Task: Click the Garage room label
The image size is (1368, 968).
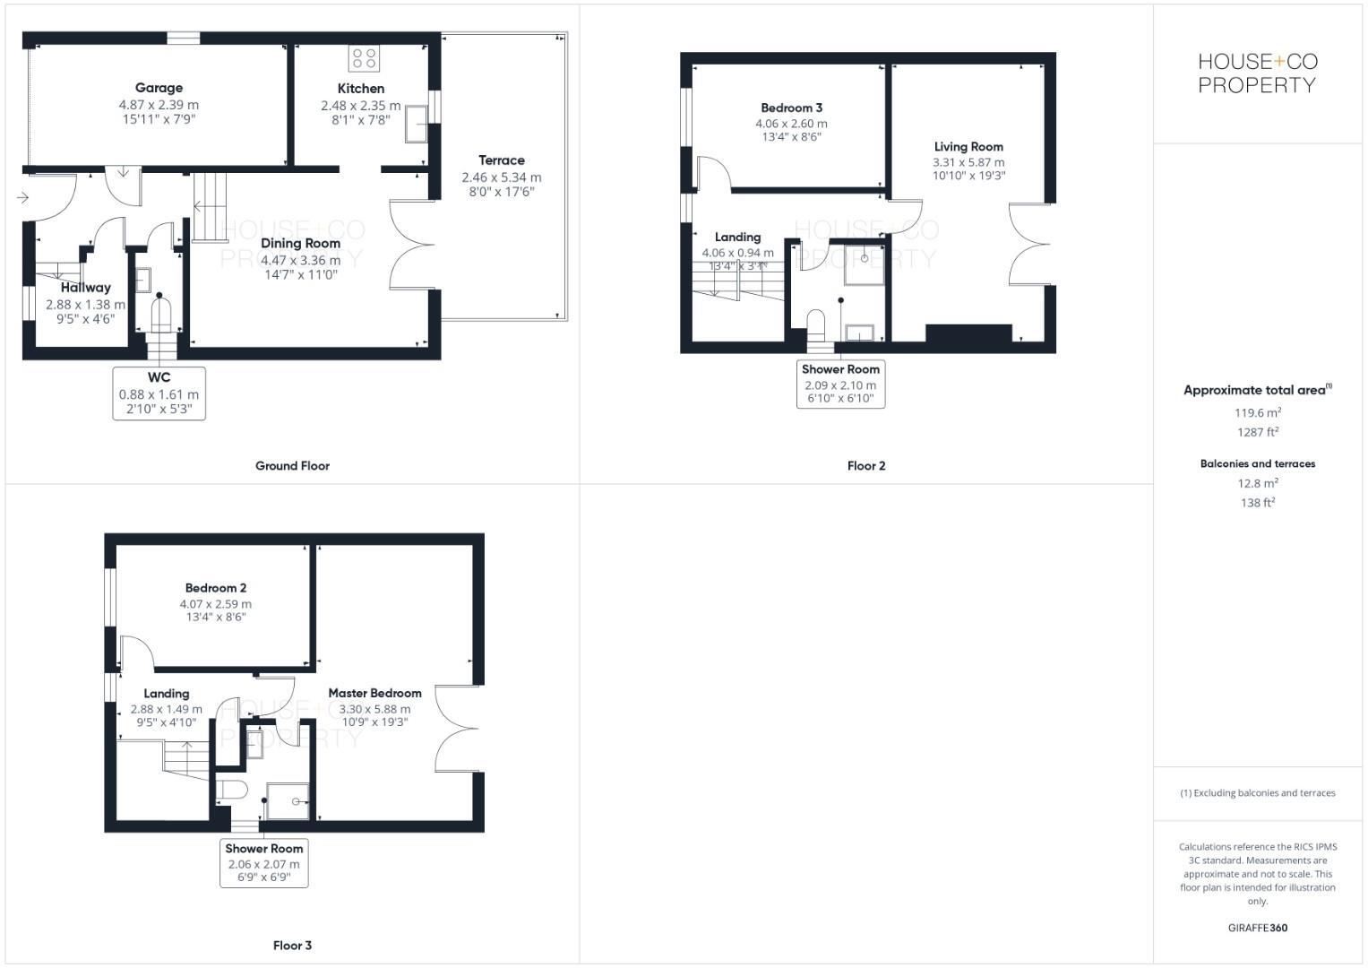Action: [159, 88]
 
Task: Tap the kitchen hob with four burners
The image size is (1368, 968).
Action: [364, 58]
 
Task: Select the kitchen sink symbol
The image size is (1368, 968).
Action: [417, 124]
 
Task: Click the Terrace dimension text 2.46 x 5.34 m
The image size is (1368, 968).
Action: [501, 177]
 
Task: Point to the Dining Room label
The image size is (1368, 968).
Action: [300, 243]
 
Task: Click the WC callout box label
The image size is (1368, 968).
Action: [159, 377]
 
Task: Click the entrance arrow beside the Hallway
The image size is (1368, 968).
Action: [22, 197]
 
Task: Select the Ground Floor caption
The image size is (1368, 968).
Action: [292, 466]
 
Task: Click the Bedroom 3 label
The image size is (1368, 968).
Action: [791, 108]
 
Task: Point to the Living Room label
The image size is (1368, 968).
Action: [968, 147]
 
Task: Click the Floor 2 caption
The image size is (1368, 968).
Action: [866, 466]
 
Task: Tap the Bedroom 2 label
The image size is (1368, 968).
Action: [216, 588]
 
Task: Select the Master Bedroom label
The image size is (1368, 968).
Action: [374, 693]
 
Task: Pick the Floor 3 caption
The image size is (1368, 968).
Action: [292, 946]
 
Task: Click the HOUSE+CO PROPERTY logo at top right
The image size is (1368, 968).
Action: [1258, 73]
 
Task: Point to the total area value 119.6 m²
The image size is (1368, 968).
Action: [1257, 413]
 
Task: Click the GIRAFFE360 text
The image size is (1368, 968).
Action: [1257, 928]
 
